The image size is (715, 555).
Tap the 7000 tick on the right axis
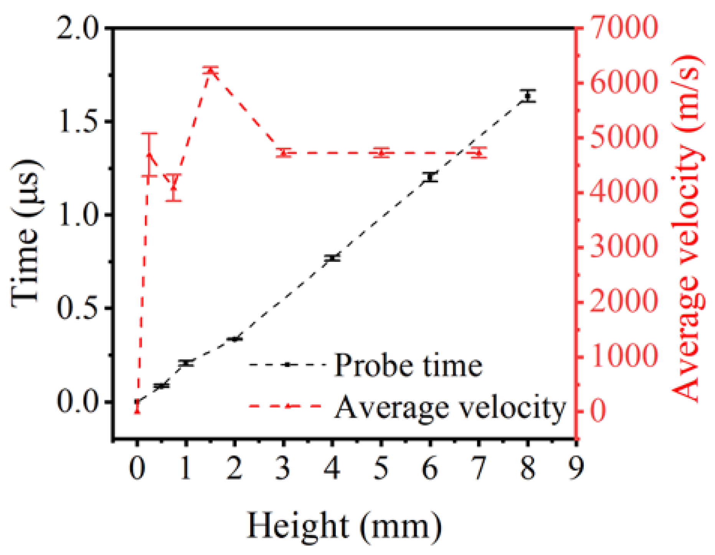point(623,28)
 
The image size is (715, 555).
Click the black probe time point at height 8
point(528,96)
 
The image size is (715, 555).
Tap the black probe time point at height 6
point(430,177)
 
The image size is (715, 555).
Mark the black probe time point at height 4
point(332,258)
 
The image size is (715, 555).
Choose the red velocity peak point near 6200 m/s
point(210,71)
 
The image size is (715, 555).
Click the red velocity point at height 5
point(381,153)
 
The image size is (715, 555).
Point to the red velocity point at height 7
point(479,153)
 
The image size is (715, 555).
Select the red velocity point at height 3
point(284,153)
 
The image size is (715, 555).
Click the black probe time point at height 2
point(234,339)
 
